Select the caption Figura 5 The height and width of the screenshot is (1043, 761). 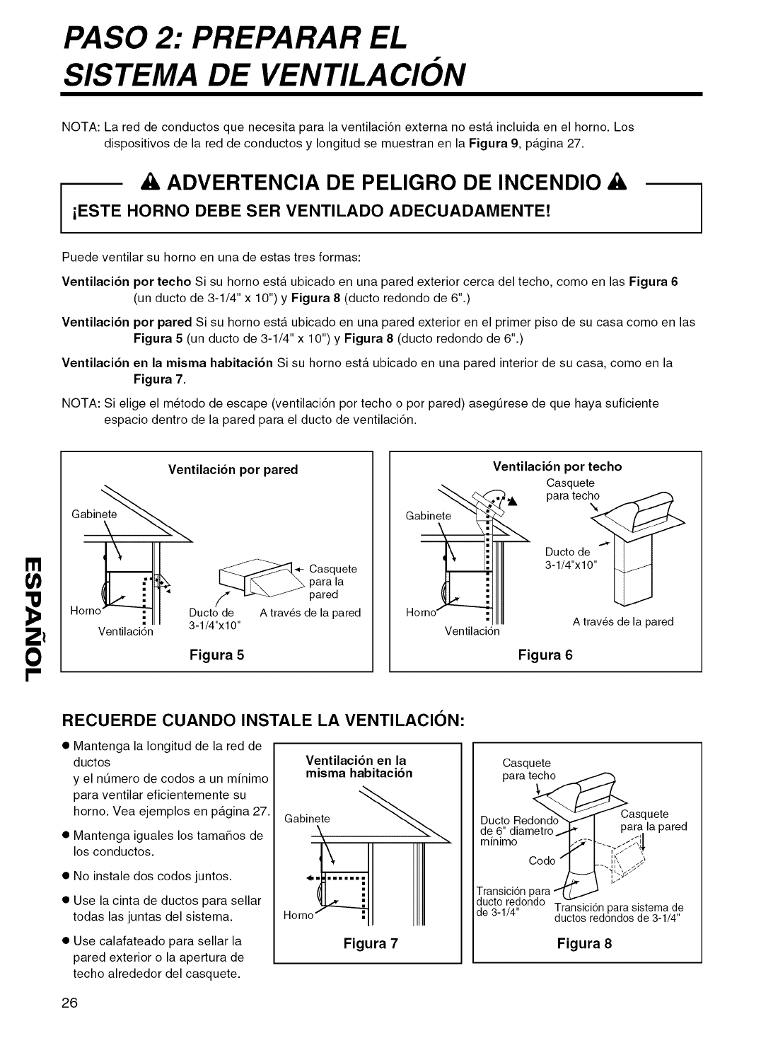pyautogui.click(x=216, y=655)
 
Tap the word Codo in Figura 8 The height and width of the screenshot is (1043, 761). pyautogui.click(x=542, y=861)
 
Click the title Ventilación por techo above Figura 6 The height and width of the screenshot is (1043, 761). pyautogui.click(x=557, y=466)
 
